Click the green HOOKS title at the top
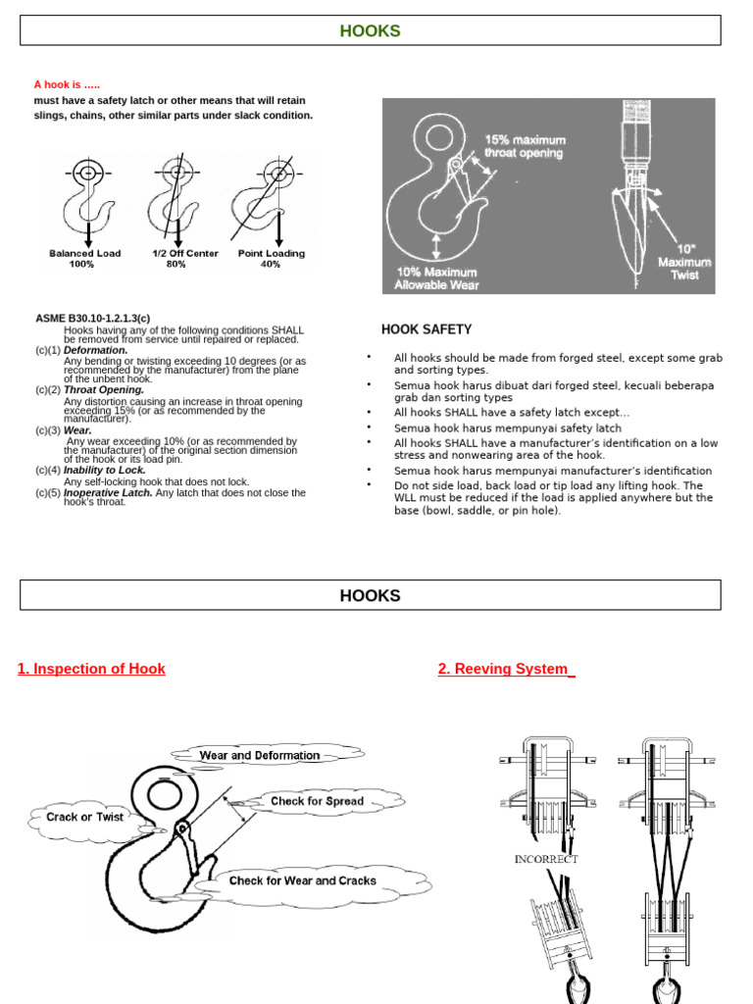[370, 30]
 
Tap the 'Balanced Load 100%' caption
[85, 259]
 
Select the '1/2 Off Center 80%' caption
[184, 259]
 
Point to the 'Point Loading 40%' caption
[272, 259]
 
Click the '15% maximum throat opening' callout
[525, 146]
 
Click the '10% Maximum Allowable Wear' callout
[436, 278]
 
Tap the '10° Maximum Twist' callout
[684, 262]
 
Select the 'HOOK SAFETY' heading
[427, 329]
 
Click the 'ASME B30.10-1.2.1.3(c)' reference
[93, 319]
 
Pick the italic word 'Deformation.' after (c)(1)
[96, 350]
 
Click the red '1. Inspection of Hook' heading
[91, 669]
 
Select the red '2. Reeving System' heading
[506, 669]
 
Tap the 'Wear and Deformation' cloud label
[259, 755]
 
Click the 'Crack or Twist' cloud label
[85, 817]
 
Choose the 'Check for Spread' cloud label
[317, 801]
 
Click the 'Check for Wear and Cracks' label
[302, 880]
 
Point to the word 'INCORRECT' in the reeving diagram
[546, 859]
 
